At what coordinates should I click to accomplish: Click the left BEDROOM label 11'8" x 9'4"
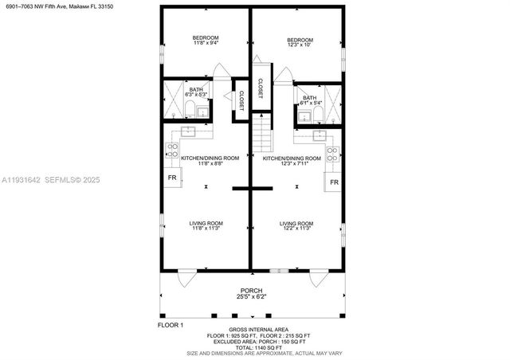pos(206,41)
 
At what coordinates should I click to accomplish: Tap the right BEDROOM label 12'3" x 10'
pos(300,43)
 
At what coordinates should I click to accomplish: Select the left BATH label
pos(195,92)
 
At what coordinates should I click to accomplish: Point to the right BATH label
pos(308,100)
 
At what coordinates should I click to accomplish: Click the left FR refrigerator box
pos(172,178)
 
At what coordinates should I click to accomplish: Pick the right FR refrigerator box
pos(335,182)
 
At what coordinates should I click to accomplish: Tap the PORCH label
pos(253,293)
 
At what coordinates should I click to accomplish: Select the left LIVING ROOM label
pos(206,225)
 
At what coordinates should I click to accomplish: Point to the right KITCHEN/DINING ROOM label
pos(292,161)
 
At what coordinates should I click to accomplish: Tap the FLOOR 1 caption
pos(170,325)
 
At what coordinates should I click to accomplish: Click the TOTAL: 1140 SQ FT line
pos(254,348)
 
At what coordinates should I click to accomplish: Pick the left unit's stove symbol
pos(171,148)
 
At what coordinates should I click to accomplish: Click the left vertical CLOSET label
pos(241,100)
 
